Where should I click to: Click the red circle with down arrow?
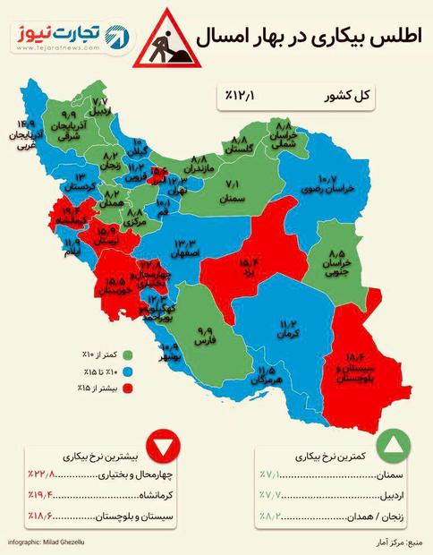tap(165, 445)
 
